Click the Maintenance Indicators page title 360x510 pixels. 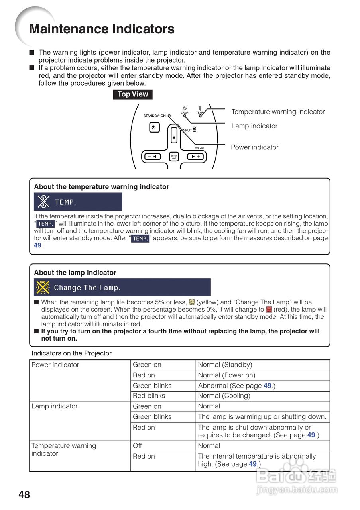click(x=102, y=29)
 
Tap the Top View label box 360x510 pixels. click(x=133, y=94)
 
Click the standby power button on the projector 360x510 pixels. click(x=154, y=128)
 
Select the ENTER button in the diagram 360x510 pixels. click(x=174, y=157)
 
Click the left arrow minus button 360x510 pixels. click(x=152, y=157)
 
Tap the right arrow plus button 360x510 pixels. click(x=195, y=157)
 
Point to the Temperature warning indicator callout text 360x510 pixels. click(x=278, y=112)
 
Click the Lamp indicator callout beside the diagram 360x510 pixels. click(x=254, y=126)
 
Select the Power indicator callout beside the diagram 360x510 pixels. click(x=255, y=147)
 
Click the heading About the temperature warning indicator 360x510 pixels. click(x=102, y=187)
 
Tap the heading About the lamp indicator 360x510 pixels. click(x=75, y=273)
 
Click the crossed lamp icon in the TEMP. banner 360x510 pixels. click(x=43, y=202)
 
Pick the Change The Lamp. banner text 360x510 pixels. click(x=87, y=288)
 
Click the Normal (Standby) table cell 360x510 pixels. click(x=225, y=365)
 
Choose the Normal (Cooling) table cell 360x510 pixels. click(x=224, y=396)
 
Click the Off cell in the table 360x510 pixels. click(x=137, y=446)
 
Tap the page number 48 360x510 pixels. click(x=24, y=495)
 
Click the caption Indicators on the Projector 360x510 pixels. click(x=72, y=353)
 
